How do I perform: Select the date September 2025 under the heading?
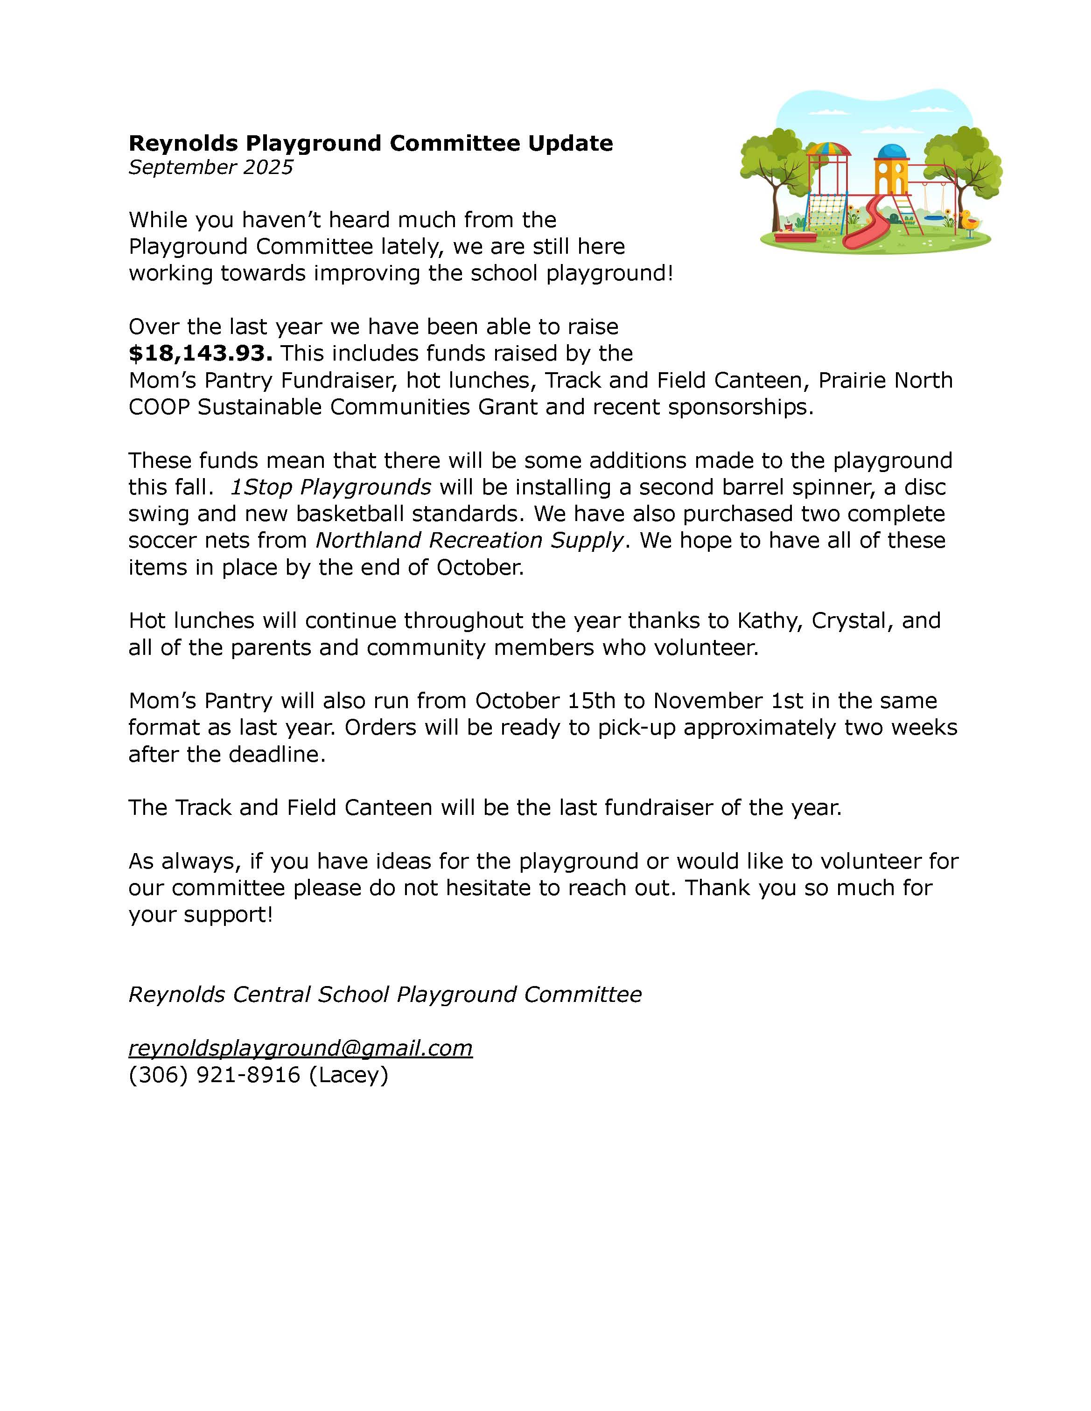click(x=211, y=167)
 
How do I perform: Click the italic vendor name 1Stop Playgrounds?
click(x=330, y=487)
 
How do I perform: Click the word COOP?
click(x=159, y=407)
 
